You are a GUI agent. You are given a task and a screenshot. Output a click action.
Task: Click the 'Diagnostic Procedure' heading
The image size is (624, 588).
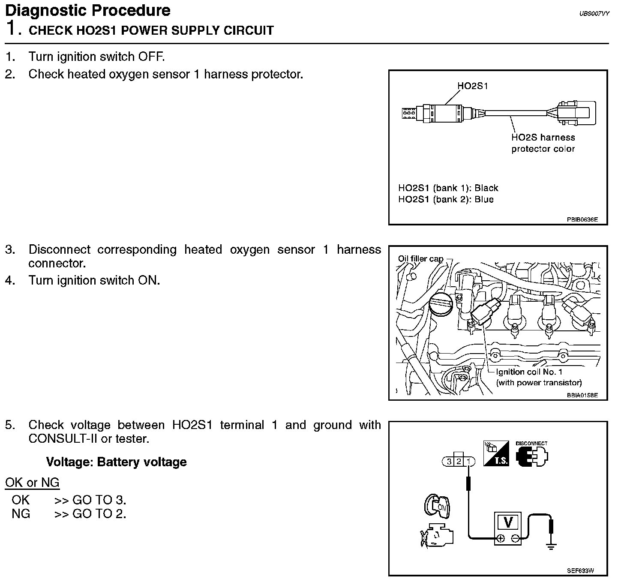coord(88,10)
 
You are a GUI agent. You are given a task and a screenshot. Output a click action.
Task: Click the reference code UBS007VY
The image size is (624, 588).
coord(594,14)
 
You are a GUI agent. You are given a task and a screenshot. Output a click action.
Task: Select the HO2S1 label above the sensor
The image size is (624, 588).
coord(472,86)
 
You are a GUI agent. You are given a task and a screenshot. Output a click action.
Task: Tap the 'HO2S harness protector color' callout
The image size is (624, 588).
coord(543,143)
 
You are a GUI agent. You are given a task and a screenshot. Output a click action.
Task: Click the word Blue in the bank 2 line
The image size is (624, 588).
coord(484,199)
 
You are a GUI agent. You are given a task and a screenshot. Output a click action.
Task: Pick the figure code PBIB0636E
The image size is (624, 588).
coord(582,220)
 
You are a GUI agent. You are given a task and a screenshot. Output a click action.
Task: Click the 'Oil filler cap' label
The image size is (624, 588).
coord(420,258)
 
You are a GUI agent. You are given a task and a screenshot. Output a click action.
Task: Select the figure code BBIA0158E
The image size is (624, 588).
coord(582,395)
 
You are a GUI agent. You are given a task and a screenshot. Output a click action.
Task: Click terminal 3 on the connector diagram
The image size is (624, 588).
coord(449,462)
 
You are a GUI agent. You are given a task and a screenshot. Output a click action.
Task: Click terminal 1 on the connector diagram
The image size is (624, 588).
coord(470,462)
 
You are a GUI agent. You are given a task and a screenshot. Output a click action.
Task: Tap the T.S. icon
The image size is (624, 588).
coord(496,454)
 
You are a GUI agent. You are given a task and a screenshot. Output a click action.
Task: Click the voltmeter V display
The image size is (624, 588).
coord(508,522)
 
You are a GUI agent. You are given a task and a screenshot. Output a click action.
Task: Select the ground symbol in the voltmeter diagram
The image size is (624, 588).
coord(552,546)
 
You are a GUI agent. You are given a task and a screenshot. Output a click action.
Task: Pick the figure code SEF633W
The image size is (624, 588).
coord(580,571)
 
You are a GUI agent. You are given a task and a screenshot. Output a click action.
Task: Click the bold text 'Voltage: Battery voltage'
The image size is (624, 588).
coord(116,462)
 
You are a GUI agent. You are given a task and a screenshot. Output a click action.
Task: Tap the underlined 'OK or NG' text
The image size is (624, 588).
coord(32,483)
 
